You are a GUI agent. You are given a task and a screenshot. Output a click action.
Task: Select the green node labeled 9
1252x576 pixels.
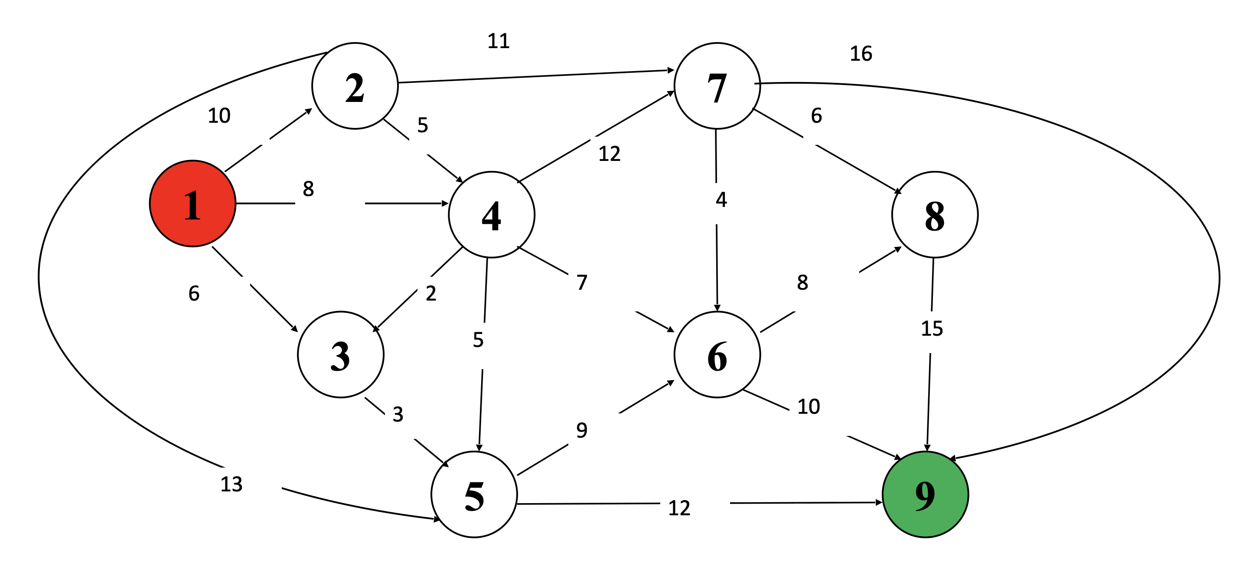pos(925,494)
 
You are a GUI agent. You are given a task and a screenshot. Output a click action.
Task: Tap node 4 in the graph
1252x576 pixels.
pos(491,214)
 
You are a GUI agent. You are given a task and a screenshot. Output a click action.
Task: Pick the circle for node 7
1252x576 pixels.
pos(717,85)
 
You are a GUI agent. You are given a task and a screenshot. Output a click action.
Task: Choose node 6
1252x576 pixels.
pos(717,354)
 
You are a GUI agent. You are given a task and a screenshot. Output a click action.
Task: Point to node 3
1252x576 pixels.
pos(340,354)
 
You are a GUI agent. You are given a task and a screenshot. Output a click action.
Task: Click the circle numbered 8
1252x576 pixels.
pos(934,214)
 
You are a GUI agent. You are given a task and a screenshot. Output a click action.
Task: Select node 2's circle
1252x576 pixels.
pos(355,85)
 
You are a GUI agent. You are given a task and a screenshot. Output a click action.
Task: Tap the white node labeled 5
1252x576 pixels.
pos(474,494)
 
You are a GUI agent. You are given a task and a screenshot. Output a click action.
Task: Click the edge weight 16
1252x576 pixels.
pos(861,53)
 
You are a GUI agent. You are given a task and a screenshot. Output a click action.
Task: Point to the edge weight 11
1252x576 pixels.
pos(498,41)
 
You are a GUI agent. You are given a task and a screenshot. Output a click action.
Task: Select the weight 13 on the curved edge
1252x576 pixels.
pos(231,484)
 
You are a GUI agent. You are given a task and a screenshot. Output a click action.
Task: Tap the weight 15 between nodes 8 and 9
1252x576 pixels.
pos(932,329)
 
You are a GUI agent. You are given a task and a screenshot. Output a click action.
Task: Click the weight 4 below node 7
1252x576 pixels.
pos(721,199)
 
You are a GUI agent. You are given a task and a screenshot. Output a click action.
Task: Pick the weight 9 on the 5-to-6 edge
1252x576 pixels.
pos(582,430)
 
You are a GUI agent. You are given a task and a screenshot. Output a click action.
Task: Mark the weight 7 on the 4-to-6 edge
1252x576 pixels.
pos(582,282)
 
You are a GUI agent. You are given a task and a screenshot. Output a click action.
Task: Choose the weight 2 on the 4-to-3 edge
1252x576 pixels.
pos(430,293)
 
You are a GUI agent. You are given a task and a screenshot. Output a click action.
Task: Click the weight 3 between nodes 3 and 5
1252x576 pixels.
pos(398,414)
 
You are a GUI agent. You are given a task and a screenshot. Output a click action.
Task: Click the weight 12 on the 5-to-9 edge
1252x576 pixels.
pos(679,508)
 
